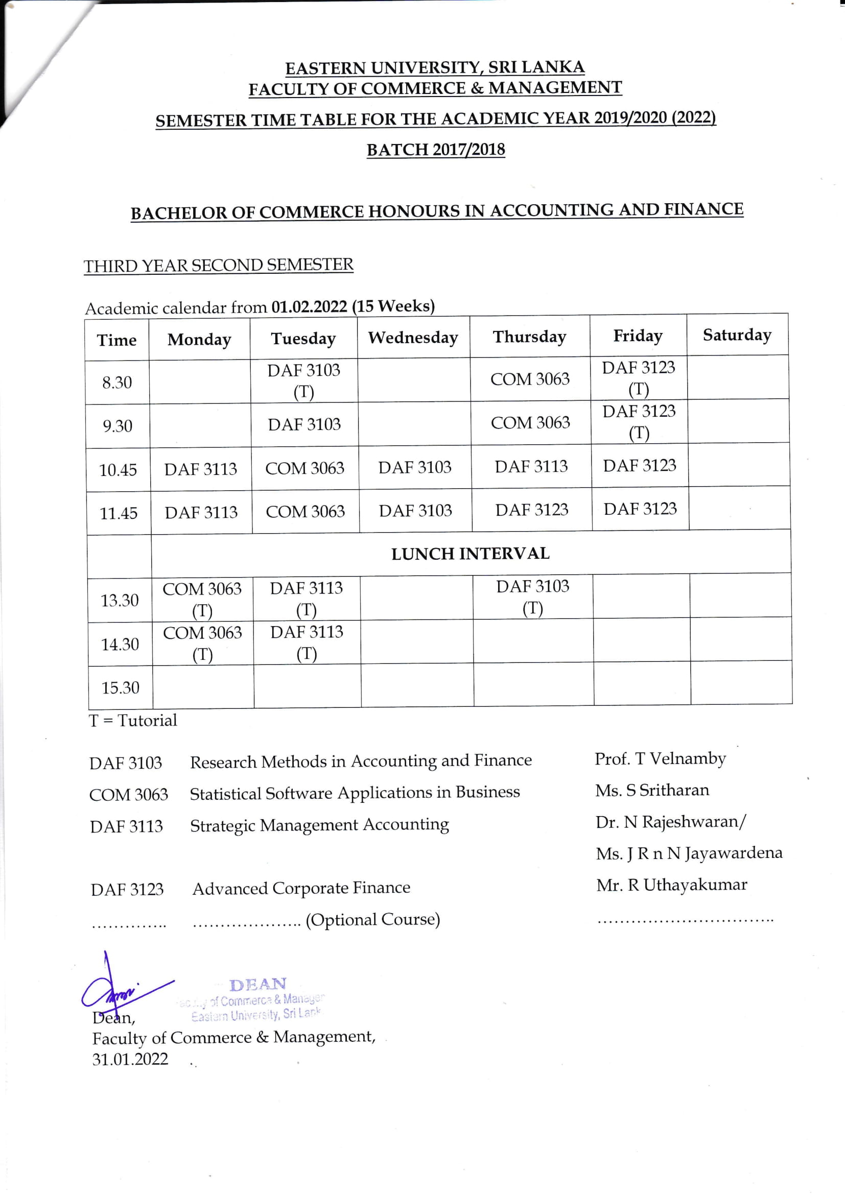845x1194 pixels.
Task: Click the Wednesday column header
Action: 413,338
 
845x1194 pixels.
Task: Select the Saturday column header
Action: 737,335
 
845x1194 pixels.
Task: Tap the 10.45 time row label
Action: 118,470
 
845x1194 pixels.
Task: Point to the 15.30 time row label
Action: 120,688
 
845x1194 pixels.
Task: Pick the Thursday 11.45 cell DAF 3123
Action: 532,510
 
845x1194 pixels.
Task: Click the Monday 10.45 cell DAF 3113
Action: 201,469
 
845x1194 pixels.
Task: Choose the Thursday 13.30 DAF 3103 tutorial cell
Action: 533,597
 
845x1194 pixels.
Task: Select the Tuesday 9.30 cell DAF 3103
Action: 304,424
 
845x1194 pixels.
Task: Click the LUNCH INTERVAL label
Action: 471,554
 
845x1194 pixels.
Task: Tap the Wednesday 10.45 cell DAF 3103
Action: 415,467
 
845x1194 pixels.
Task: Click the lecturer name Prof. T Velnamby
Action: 660,759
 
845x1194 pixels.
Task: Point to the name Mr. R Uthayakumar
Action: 672,885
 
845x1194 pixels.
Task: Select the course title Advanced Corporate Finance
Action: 301,888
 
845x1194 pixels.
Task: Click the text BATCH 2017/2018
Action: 436,150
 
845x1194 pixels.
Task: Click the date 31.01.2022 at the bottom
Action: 130,1059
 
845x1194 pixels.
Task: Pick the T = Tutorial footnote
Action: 133,721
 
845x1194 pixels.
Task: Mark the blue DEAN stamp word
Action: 258,985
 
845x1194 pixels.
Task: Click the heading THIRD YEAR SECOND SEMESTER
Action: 219,265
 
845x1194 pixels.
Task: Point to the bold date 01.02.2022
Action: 309,306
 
